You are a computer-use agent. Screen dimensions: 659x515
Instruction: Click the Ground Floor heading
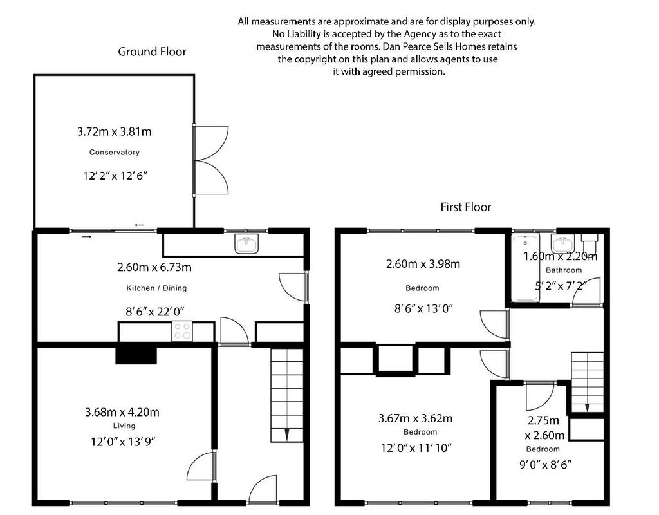[x=152, y=51]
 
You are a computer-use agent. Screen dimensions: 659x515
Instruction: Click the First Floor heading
[x=466, y=207]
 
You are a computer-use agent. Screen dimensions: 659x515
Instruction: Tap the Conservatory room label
[x=115, y=152]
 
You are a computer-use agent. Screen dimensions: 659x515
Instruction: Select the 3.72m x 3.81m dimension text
[x=115, y=131]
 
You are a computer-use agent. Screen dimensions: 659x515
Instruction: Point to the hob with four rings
[x=182, y=331]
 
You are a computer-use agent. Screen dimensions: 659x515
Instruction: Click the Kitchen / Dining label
[x=156, y=288]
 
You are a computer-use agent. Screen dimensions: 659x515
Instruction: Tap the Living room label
[x=124, y=426]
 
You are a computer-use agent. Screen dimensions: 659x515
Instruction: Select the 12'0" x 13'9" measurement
[x=123, y=442]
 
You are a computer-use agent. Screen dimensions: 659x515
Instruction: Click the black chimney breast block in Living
[x=136, y=355]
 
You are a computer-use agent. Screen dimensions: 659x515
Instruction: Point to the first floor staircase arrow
[x=587, y=407]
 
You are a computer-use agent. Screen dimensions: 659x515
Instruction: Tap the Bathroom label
[x=564, y=270]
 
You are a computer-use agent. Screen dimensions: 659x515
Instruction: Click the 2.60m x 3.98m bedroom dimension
[x=423, y=264]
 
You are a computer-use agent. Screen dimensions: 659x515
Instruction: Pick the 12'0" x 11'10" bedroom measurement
[x=416, y=448]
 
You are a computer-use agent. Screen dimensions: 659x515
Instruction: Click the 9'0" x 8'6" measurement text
[x=546, y=465]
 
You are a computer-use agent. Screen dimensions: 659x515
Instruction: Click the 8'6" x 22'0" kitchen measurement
[x=155, y=312]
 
